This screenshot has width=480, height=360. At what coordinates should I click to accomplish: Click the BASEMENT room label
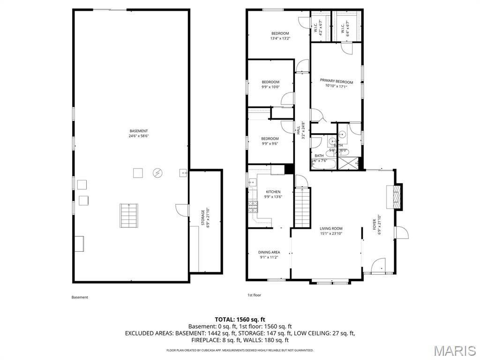139,131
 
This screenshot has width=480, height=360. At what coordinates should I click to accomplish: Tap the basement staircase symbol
129,215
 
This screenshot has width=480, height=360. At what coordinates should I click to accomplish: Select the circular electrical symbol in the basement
157,173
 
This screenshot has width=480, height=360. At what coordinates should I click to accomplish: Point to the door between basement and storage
183,210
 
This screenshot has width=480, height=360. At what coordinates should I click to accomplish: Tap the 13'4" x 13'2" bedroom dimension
280,38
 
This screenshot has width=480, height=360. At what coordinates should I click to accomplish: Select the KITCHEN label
273,192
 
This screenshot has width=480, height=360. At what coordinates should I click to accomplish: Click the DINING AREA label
270,252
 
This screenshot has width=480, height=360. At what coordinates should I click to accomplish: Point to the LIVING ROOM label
331,228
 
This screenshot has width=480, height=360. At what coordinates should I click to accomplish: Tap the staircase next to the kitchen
303,207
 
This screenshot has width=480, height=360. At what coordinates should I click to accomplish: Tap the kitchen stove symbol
253,205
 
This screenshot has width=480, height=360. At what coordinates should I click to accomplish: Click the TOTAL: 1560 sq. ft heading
240,319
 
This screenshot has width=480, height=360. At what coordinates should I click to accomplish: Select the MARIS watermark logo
455,350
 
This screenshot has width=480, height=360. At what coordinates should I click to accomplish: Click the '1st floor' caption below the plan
254,295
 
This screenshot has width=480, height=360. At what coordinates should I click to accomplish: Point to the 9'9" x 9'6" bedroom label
270,141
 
